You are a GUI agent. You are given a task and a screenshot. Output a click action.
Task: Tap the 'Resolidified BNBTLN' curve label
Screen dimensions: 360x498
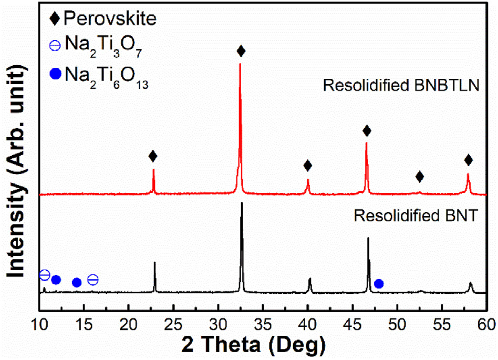402,86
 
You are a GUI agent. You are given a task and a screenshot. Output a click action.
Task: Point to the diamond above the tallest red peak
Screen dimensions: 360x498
241,51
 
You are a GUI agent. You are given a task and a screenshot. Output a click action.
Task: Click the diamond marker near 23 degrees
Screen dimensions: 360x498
153,156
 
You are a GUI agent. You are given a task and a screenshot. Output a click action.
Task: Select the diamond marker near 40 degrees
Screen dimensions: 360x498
308,166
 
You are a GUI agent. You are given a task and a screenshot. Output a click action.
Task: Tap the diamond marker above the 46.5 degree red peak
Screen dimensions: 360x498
367,131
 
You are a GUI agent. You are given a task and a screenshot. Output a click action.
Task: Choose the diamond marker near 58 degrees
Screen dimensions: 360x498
469,160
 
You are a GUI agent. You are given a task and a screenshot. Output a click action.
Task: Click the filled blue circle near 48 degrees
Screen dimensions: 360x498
379,284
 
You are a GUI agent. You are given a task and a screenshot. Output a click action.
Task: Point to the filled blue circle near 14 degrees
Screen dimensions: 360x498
77,282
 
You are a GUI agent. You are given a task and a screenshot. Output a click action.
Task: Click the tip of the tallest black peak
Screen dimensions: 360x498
242,203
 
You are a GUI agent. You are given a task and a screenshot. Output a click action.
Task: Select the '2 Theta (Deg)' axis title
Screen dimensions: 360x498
261,344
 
